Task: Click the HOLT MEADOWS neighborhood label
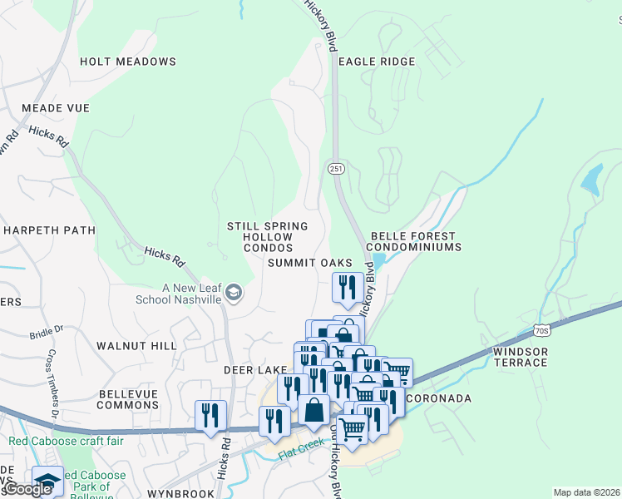[128, 62]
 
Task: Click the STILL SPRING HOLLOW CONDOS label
[267, 237]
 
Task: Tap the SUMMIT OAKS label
[304, 263]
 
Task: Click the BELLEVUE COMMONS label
[127, 399]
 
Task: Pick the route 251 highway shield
[335, 168]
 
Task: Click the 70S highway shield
[542, 331]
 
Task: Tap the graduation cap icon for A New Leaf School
[234, 292]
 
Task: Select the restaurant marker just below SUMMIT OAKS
[347, 286]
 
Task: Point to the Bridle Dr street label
[47, 331]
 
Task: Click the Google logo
[28, 489]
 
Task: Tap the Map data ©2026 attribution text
[586, 492]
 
